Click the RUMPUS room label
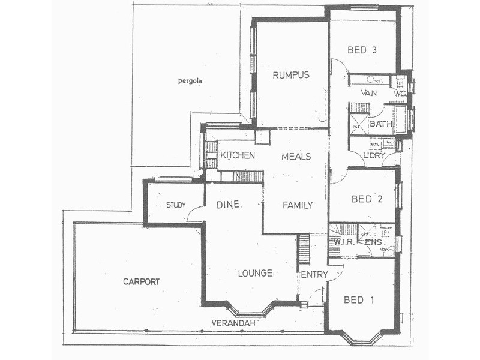(x=290, y=75)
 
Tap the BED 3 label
(x=362, y=50)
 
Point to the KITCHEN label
(x=238, y=155)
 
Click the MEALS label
(x=296, y=156)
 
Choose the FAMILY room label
(x=298, y=205)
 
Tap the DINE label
(x=228, y=205)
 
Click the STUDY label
(x=176, y=205)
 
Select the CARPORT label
(x=141, y=281)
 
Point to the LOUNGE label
(x=255, y=273)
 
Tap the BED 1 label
(x=359, y=299)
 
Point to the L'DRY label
(x=374, y=156)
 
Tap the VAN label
(x=368, y=93)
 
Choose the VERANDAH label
(x=234, y=323)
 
